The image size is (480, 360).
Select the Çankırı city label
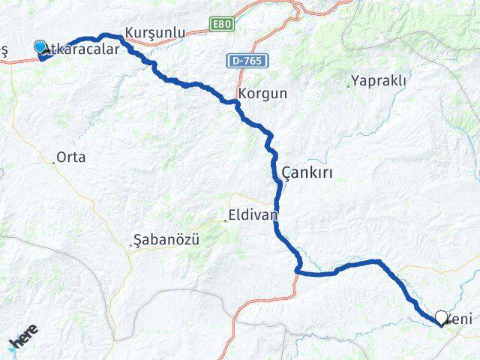pyautogui.click(x=307, y=173)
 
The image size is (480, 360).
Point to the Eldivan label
pyautogui.click(x=253, y=215)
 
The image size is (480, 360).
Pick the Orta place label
pyautogui.click(x=71, y=157)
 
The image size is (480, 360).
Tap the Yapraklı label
pyautogui.click(x=378, y=80)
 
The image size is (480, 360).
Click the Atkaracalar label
pyautogui.click(x=82, y=49)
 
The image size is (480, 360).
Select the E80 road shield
pyautogui.click(x=221, y=25)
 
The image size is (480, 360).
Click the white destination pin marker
pyautogui.click(x=442, y=318)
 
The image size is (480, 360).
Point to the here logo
pyautogui.click(x=24, y=340)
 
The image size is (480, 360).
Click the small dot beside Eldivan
pyautogui.click(x=225, y=220)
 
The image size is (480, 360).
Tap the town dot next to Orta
pyautogui.click(x=54, y=161)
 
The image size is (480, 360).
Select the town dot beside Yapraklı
pyautogui.click(x=349, y=85)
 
